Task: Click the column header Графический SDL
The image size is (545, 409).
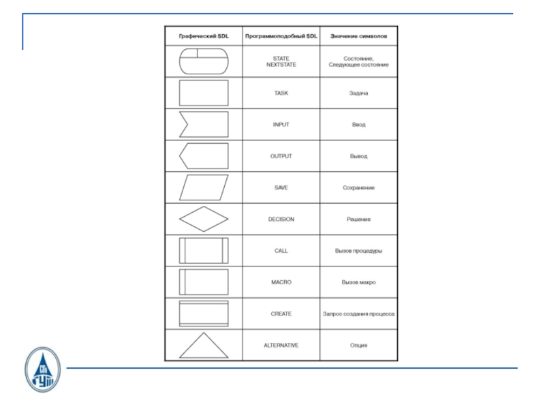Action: [203, 36]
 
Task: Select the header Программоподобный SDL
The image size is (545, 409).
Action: [281, 36]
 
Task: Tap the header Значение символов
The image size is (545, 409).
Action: [358, 36]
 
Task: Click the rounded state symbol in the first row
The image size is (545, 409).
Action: [203, 61]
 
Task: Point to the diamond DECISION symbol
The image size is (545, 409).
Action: [203, 219]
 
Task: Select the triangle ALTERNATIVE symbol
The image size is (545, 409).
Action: [203, 346]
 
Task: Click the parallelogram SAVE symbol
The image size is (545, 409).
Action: [203, 187]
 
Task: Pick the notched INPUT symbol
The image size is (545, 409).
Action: [203, 125]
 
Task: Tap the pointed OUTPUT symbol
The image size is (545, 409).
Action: [203, 156]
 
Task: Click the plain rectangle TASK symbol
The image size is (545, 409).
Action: [203, 93]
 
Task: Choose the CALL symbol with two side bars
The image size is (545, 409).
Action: [203, 251]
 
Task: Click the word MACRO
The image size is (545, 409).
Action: [281, 282]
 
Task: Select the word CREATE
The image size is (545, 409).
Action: [281, 314]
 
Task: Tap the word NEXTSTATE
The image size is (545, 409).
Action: [281, 65]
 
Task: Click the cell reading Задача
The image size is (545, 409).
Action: [358, 93]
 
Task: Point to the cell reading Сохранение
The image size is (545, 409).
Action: [358, 187]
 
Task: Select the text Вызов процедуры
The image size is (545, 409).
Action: [358, 251]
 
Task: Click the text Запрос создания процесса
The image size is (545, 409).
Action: [358, 314]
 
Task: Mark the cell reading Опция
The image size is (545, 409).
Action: [358, 346]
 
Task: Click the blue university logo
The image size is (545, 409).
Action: [42, 369]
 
